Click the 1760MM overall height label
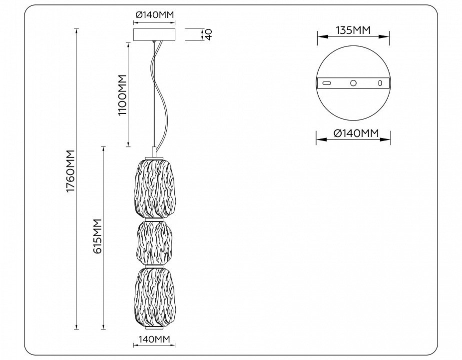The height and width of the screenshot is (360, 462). pos(71,171)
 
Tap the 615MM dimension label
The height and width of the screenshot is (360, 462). pos(97,236)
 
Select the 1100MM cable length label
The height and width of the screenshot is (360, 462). pos(122,94)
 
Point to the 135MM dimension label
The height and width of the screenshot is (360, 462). pos(353,30)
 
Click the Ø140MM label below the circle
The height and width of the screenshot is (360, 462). pos(356,133)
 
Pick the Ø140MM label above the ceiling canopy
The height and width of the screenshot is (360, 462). pos(154,14)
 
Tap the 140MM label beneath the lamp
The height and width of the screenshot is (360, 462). pos(154,339)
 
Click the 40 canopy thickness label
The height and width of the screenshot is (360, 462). pos(209,34)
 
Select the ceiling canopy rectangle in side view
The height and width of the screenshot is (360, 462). pos(154,34)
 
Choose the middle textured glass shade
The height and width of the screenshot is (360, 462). pos(153,243)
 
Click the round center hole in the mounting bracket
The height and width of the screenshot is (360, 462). pos(353,83)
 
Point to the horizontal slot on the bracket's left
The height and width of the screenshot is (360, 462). pos(327,83)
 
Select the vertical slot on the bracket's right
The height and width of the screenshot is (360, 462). pos(380,83)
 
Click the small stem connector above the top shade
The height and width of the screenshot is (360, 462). pos(154,151)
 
